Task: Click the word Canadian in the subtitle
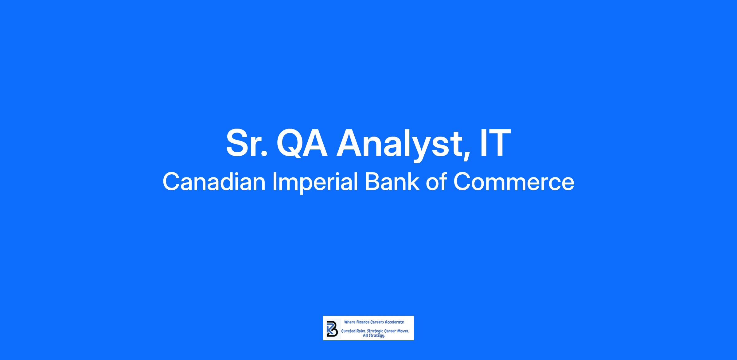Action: [214, 181]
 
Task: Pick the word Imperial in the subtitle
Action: [315, 183]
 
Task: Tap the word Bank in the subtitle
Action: [392, 181]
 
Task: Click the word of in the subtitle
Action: [436, 181]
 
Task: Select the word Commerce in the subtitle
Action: [514, 182]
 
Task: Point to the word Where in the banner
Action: [350, 322]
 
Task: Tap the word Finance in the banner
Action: [363, 322]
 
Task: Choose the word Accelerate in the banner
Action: [394, 322]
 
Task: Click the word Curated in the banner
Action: [348, 331]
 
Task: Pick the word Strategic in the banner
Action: [375, 332]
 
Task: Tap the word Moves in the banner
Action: [403, 331]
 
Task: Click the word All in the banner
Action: [366, 336]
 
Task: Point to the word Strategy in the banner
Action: [377, 336]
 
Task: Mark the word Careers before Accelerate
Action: [377, 322]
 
